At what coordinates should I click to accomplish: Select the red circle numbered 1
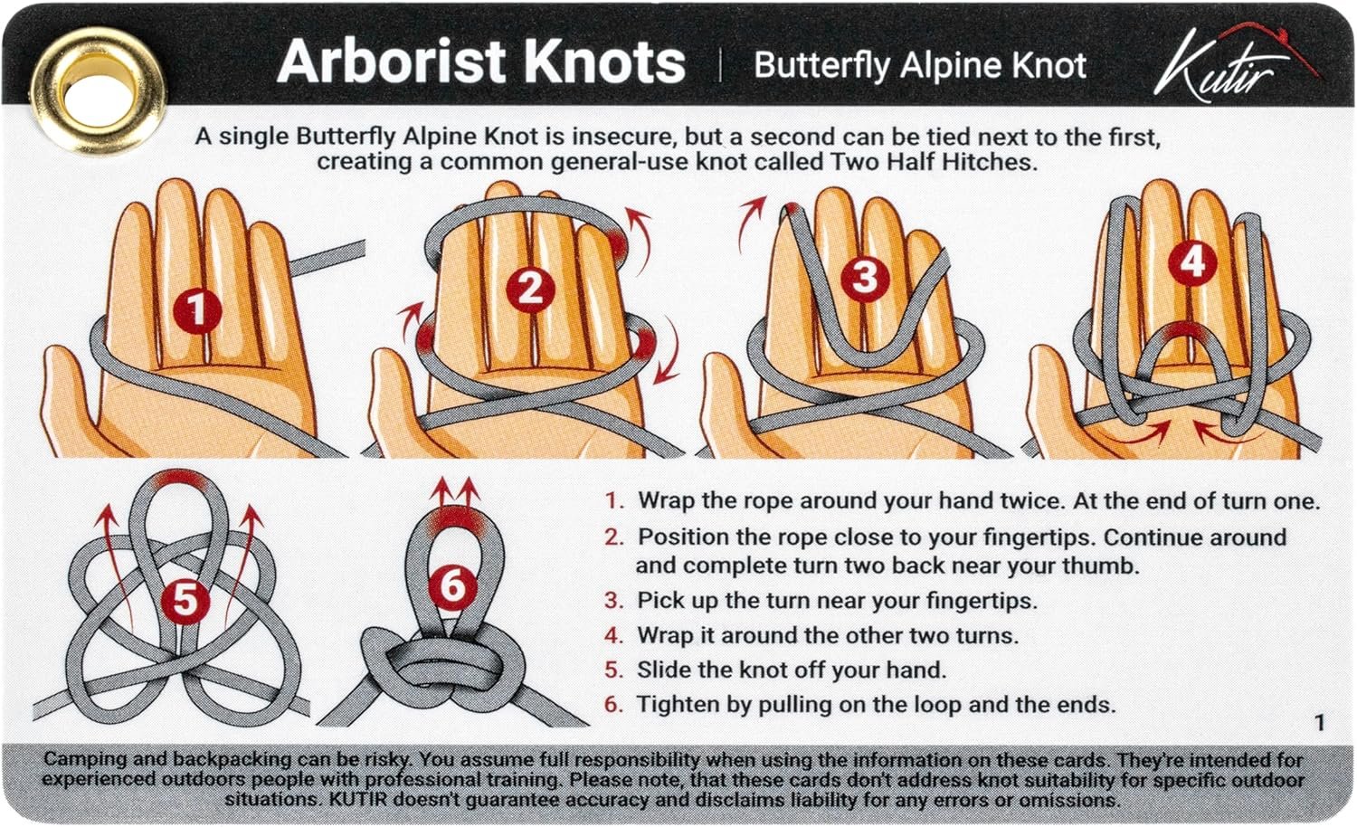[197, 311]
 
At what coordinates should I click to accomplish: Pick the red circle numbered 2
[531, 288]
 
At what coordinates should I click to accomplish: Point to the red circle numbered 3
[865, 277]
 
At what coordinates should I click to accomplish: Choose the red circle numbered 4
[1193, 261]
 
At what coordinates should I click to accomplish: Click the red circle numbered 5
[185, 599]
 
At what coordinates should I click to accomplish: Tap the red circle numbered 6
[452, 586]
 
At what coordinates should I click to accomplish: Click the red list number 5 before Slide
[613, 670]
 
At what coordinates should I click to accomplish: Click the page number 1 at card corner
[1319, 722]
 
